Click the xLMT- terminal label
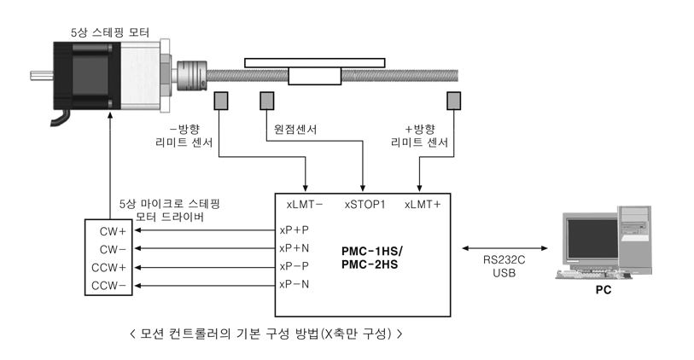coord(305,205)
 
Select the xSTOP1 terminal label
coord(365,205)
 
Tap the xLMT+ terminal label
coord(423,205)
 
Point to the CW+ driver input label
coord(113,231)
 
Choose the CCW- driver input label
coord(109,286)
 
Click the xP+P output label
coord(295,230)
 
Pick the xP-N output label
coord(295,284)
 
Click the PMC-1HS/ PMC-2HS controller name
coord(372,258)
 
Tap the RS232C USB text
coord(504,266)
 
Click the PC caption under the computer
coord(604,290)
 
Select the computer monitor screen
coord(592,238)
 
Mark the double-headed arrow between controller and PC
coord(504,248)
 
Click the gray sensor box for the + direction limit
coord(453,101)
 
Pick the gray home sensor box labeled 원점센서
coord(267,101)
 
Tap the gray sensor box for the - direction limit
coord(221,101)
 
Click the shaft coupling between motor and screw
coord(192,75)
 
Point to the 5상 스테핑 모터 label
coord(110,32)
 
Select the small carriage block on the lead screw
coord(315,76)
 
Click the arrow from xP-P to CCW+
coord(205,267)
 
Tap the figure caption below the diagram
coord(266,334)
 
